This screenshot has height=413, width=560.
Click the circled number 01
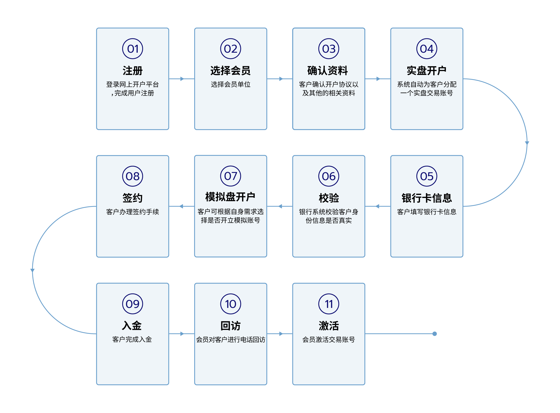133,49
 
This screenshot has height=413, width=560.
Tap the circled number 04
427,49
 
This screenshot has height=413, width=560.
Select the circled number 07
231,176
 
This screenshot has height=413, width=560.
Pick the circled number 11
329,304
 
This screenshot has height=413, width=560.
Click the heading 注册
133,70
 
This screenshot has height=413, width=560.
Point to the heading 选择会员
231,70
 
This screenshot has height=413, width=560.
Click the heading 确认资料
328,70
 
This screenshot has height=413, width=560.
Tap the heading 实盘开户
427,70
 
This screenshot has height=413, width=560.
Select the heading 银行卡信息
427,198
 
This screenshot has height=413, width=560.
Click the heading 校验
329,198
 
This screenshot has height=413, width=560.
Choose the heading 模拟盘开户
230,197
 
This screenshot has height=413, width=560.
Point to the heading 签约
133,198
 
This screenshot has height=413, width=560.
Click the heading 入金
132,325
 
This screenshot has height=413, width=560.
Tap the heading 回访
231,326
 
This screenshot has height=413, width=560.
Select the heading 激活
329,326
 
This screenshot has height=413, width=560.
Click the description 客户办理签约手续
133,212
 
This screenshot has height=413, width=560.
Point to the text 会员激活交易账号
329,339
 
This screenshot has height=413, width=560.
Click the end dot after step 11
435,334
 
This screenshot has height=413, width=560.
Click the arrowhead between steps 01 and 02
182,79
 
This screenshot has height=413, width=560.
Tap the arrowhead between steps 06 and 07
280,206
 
